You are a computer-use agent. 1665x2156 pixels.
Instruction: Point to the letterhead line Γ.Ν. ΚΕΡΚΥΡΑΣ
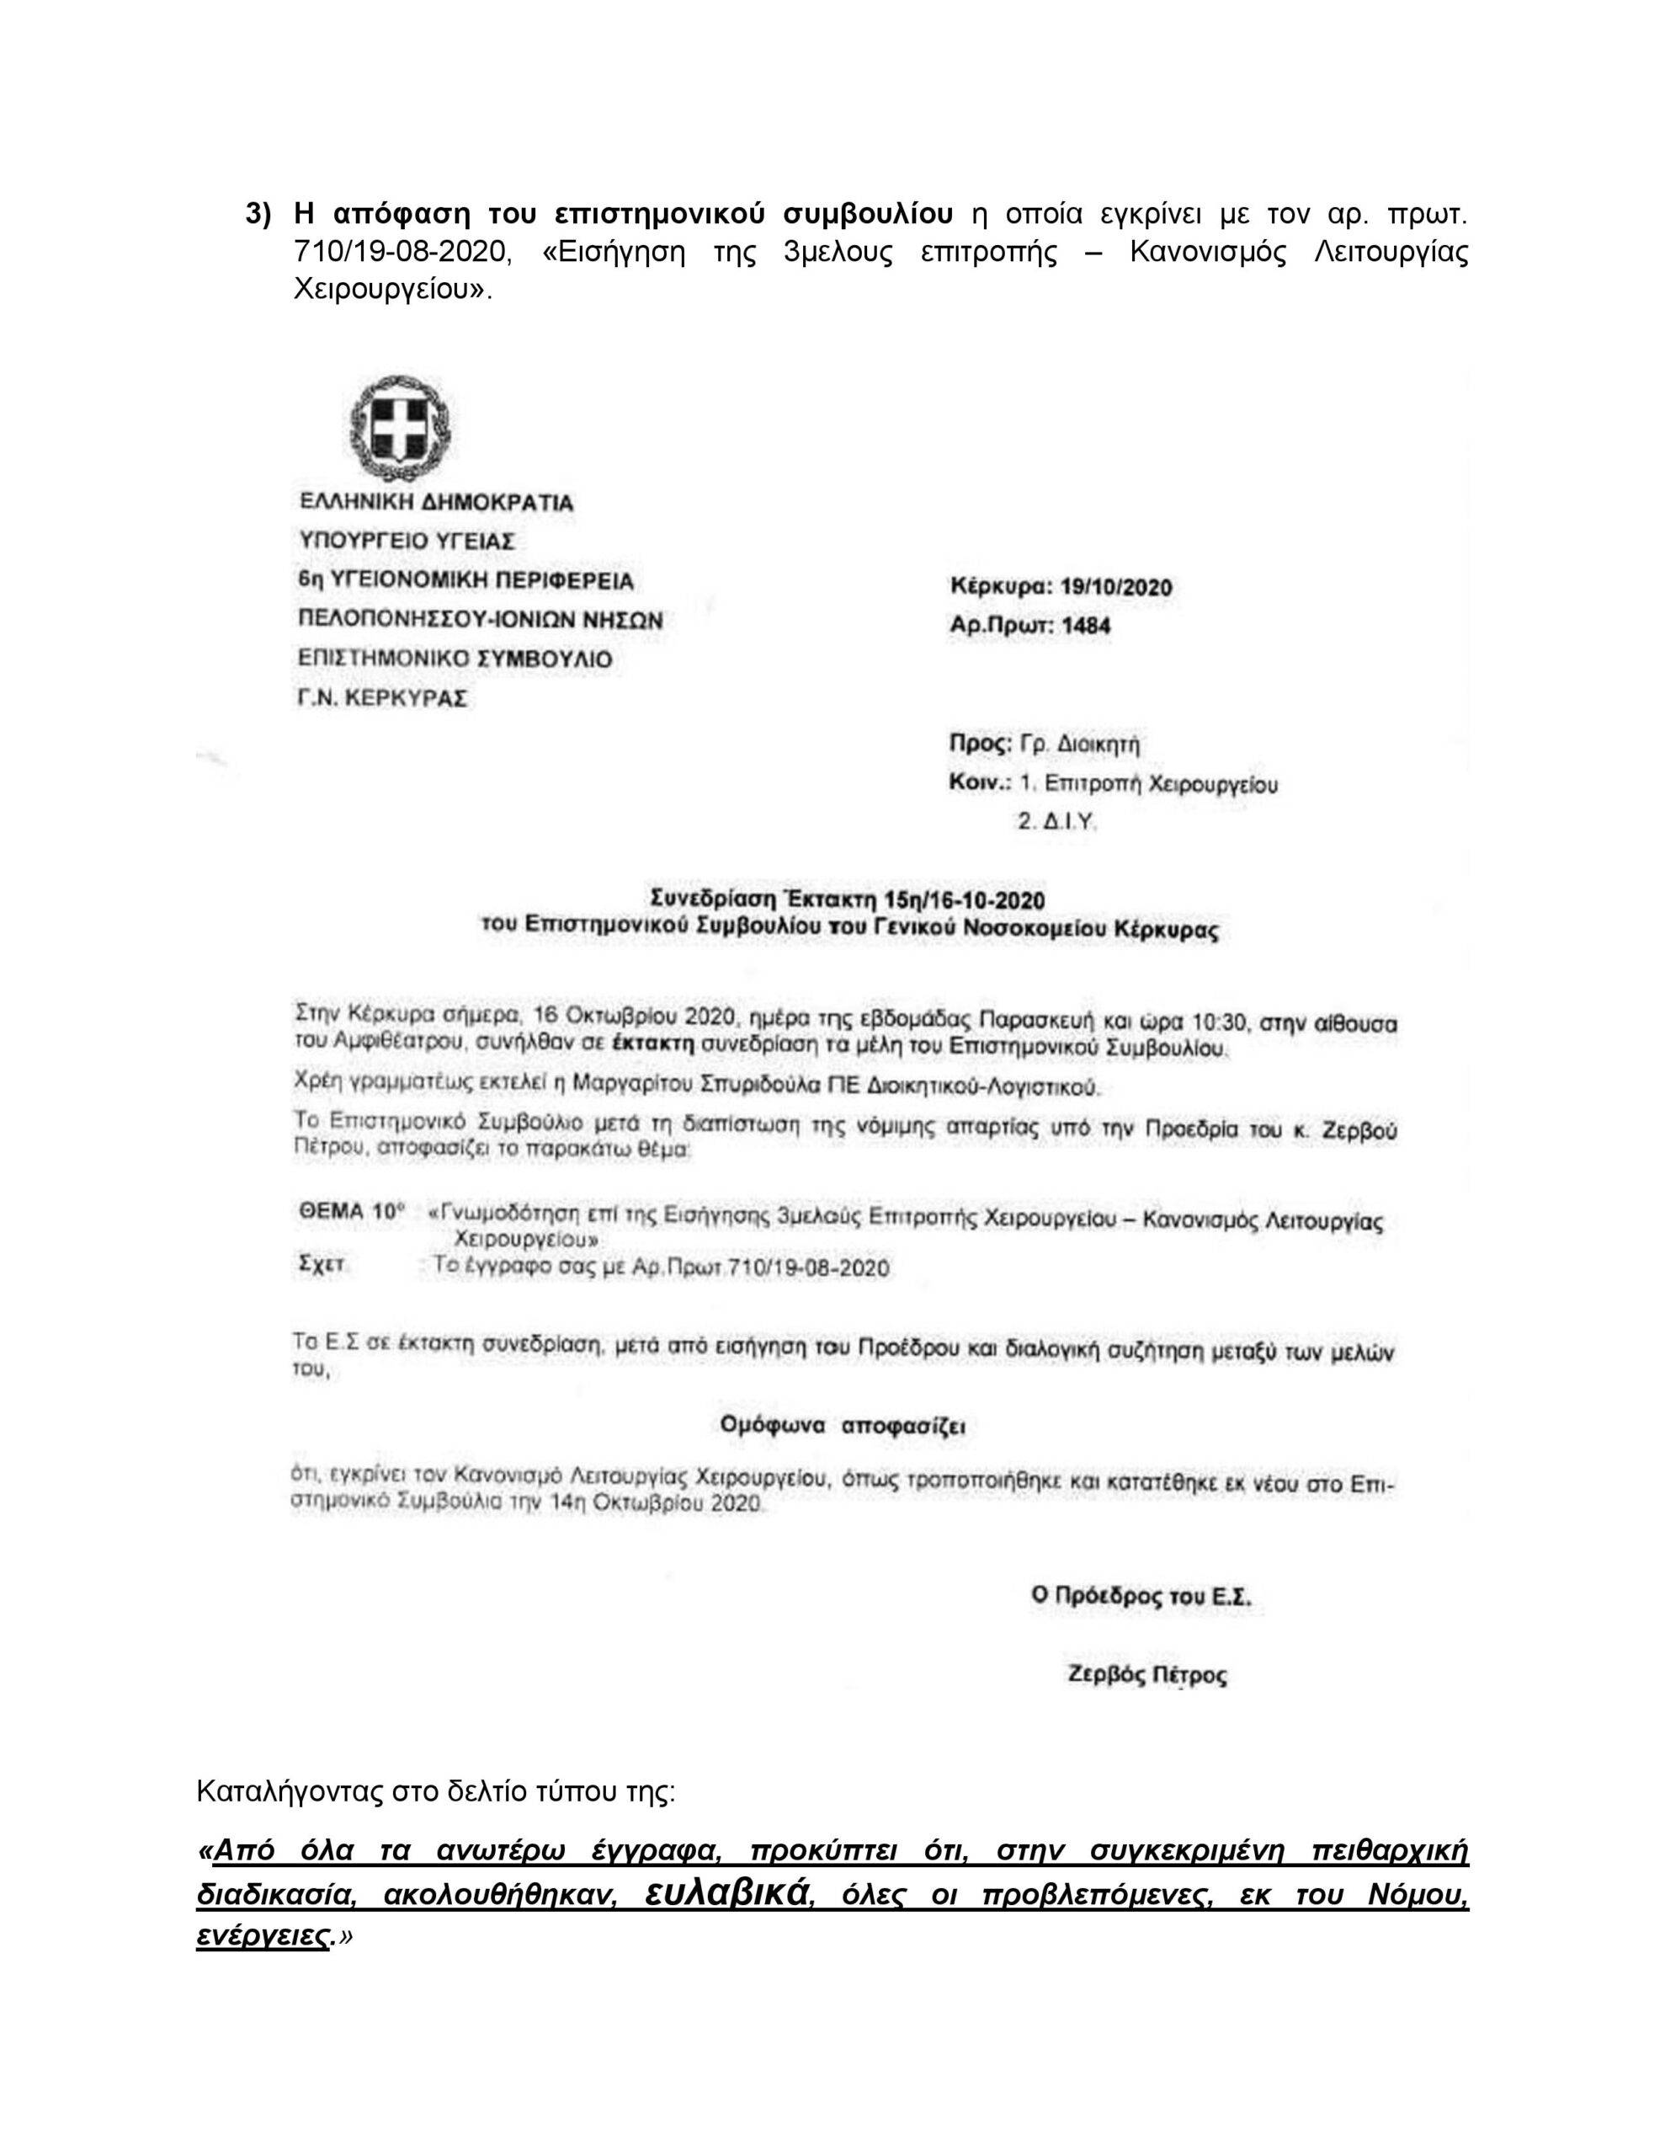click(383, 698)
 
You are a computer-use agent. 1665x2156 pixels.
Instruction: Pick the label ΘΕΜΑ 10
click(351, 1214)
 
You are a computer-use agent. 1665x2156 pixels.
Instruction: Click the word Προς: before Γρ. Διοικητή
click(979, 744)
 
